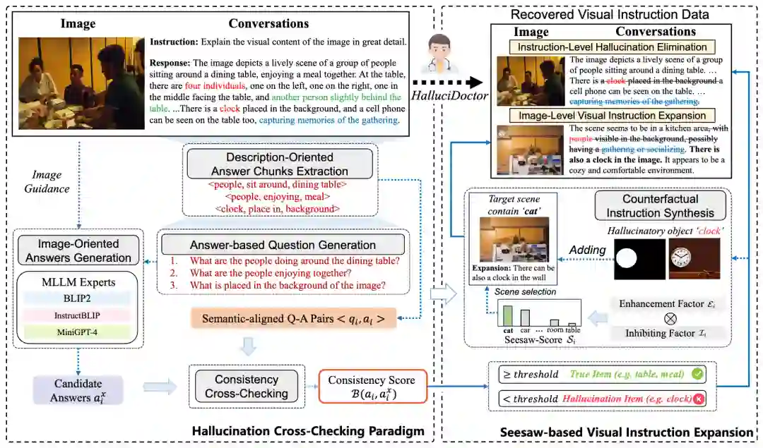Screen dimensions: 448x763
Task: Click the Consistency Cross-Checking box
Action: tap(247, 385)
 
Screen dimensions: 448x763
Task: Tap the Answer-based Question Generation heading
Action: tap(283, 245)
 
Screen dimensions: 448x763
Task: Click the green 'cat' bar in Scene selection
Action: tap(507, 315)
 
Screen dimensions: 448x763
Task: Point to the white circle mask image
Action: tap(639, 260)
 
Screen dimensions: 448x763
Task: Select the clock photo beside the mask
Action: tap(694, 260)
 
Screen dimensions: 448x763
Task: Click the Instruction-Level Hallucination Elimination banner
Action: tap(613, 47)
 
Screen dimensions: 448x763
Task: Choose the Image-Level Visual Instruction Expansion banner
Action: tap(613, 115)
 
